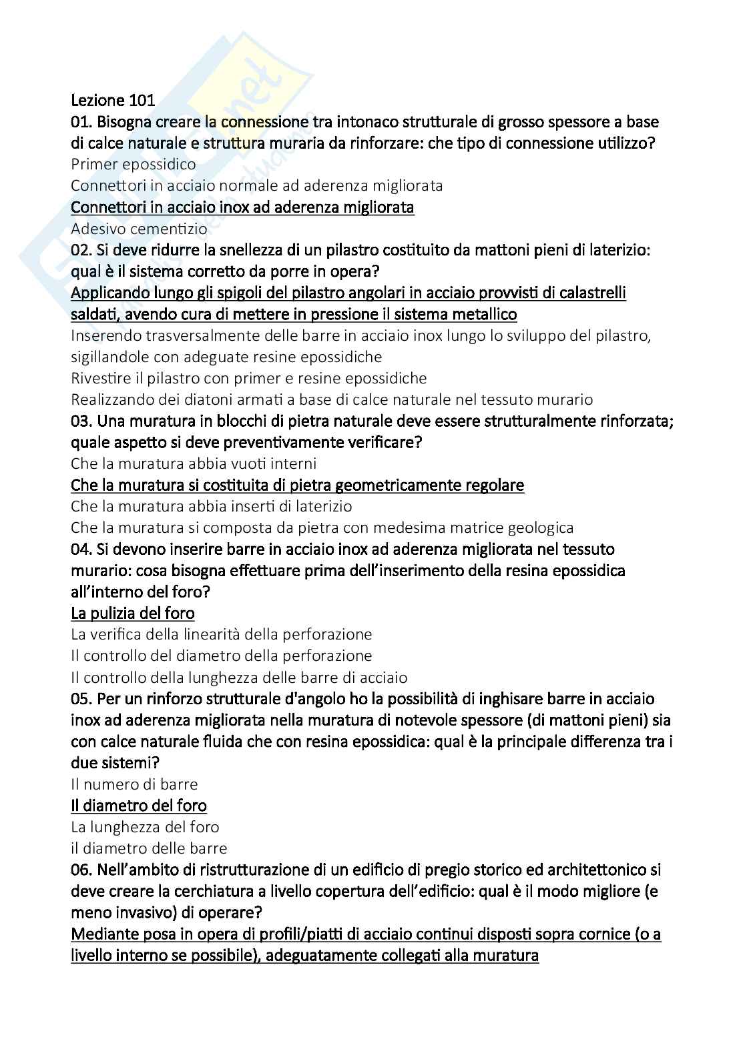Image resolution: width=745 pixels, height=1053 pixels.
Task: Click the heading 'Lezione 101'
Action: (113, 101)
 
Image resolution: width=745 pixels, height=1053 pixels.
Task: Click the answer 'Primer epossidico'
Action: (134, 164)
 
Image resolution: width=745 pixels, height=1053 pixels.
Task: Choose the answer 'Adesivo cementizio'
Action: (139, 229)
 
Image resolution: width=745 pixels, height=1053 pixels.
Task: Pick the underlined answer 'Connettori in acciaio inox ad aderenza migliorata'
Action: (242, 207)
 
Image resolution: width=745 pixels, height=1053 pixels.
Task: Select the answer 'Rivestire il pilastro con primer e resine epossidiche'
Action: (248, 378)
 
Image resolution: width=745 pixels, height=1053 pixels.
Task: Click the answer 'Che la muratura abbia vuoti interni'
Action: (194, 463)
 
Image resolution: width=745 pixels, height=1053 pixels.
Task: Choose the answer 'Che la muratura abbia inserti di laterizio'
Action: (211, 506)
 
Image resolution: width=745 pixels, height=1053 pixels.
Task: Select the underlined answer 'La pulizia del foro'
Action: (133, 613)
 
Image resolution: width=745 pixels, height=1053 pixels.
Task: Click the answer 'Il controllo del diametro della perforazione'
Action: (221, 656)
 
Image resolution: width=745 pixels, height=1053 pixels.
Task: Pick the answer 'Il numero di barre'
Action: (134, 784)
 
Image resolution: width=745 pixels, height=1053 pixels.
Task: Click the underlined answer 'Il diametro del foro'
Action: (139, 806)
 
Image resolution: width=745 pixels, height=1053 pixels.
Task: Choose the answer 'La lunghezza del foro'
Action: (145, 827)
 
